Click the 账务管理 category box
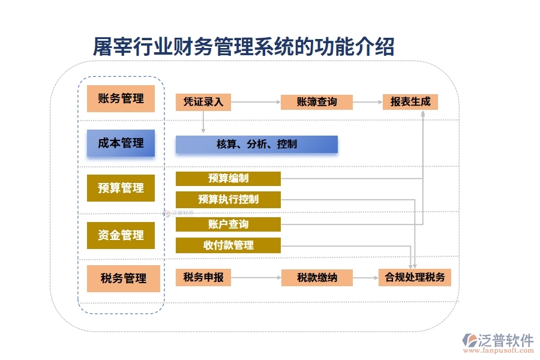pyautogui.click(x=121, y=99)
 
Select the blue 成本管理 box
pyautogui.click(x=121, y=143)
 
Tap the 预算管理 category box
pyautogui.click(x=121, y=188)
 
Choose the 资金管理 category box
pyautogui.click(x=121, y=235)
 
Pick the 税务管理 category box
pyautogui.click(x=123, y=278)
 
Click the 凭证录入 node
pyautogui.click(x=203, y=102)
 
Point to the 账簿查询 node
pyautogui.click(x=316, y=102)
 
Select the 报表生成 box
pyautogui.click(x=410, y=102)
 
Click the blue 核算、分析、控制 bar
pyautogui.click(x=256, y=145)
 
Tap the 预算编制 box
pyautogui.click(x=228, y=178)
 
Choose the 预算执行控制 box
pyautogui.click(x=228, y=199)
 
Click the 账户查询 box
pyautogui.click(x=228, y=224)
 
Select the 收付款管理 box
pyautogui.click(x=228, y=245)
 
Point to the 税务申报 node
pyautogui.click(x=203, y=277)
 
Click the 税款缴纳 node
pyautogui.click(x=316, y=277)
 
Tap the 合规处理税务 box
pyautogui.click(x=414, y=277)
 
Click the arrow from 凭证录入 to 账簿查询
pyautogui.click(x=256, y=102)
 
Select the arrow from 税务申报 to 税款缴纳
pyautogui.click(x=256, y=277)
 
